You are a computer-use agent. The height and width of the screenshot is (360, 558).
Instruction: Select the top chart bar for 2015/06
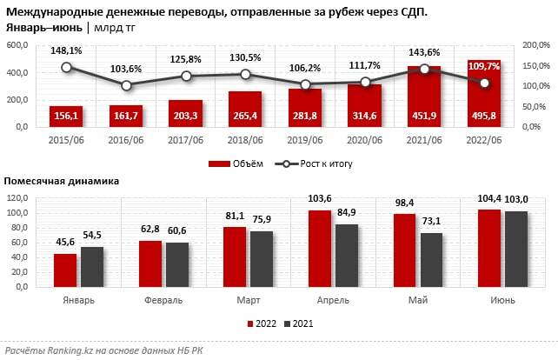pos(66,116)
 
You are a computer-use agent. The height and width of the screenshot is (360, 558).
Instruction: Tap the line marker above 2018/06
pos(245,75)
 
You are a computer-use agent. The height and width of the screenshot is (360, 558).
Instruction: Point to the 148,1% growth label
pos(66,50)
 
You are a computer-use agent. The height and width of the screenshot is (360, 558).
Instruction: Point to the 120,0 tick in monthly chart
pos(18,198)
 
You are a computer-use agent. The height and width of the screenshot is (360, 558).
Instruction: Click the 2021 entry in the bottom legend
pos(300,323)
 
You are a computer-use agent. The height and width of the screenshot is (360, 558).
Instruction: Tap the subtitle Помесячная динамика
pos(62,181)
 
